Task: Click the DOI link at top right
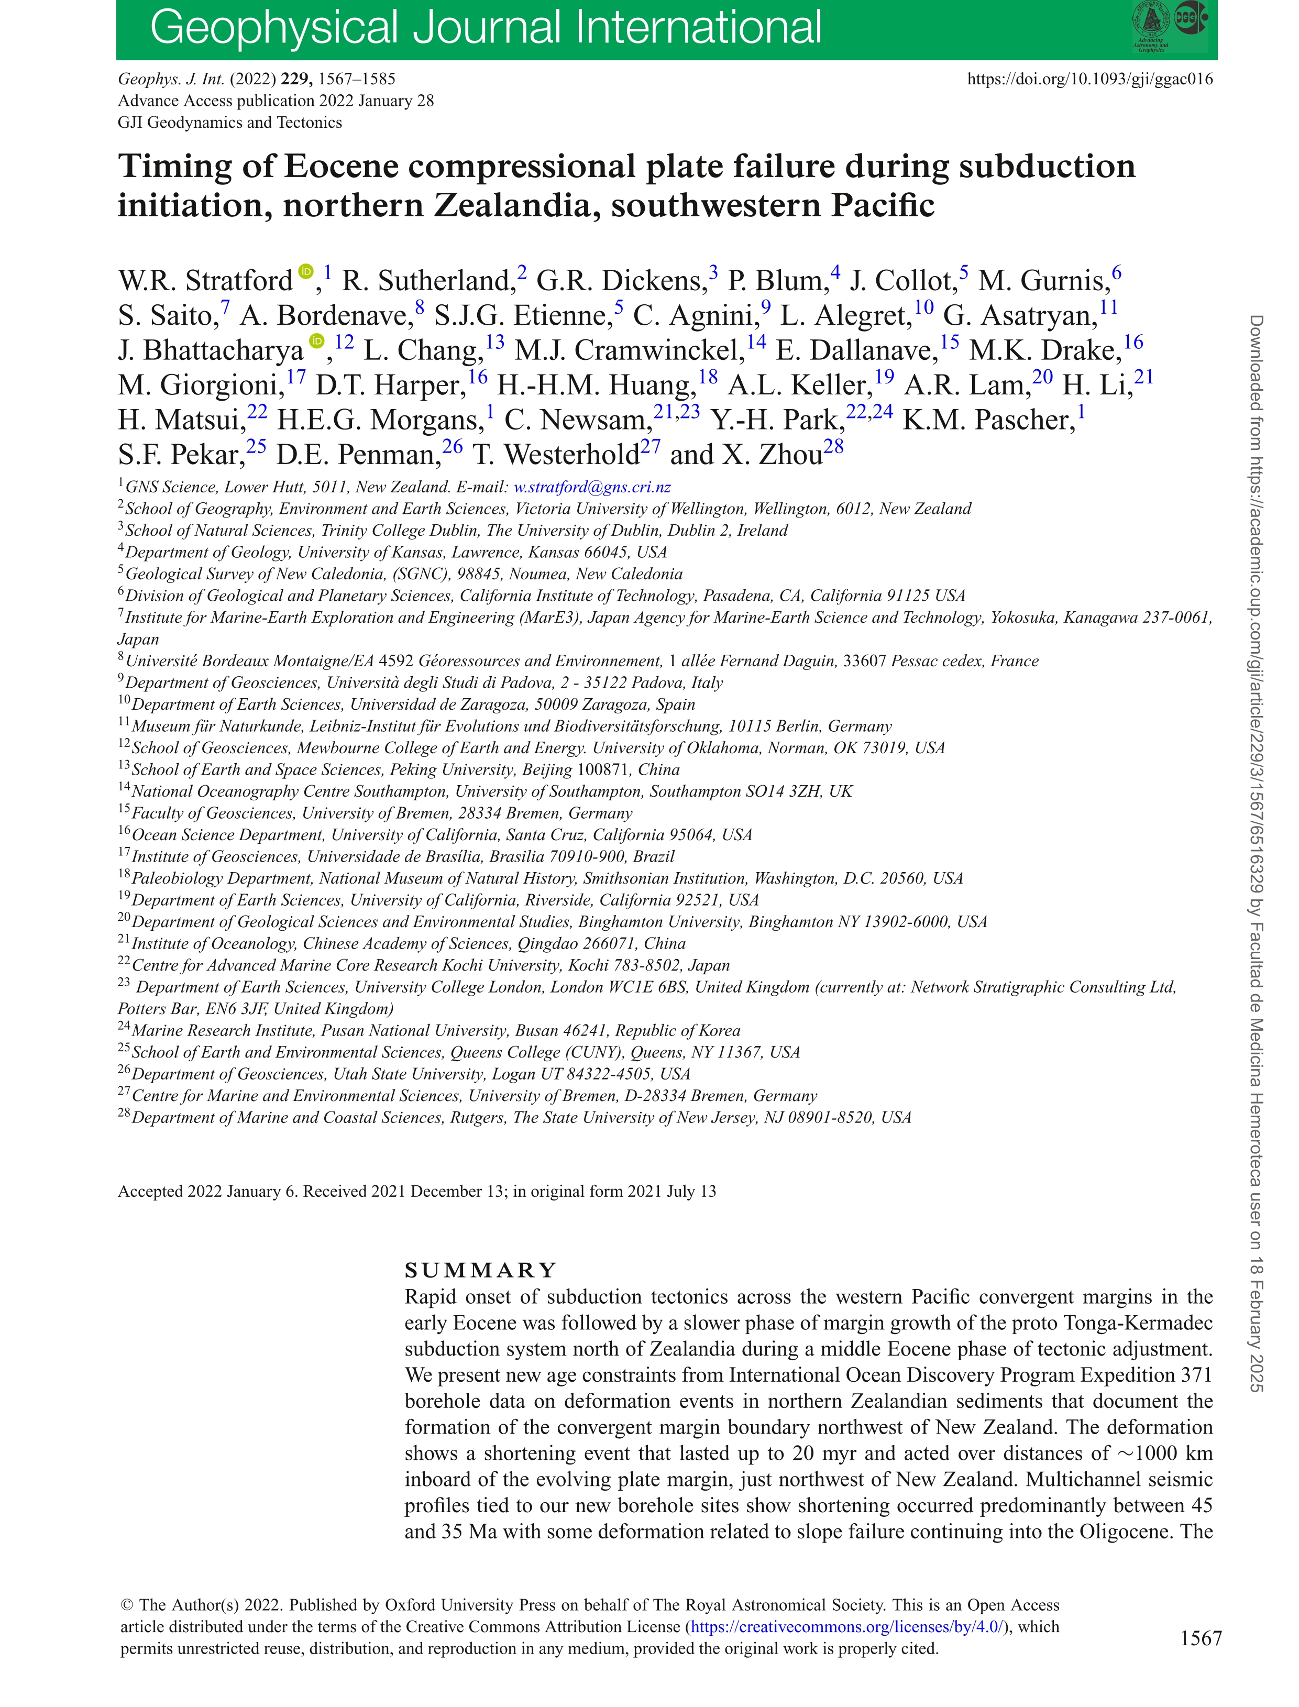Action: [1090, 79]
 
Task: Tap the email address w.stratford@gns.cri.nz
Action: [592, 487]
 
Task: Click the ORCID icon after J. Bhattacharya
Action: [317, 341]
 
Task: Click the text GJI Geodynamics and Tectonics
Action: [229, 122]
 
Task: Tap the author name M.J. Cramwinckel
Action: [630, 350]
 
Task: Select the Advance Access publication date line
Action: [276, 101]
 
